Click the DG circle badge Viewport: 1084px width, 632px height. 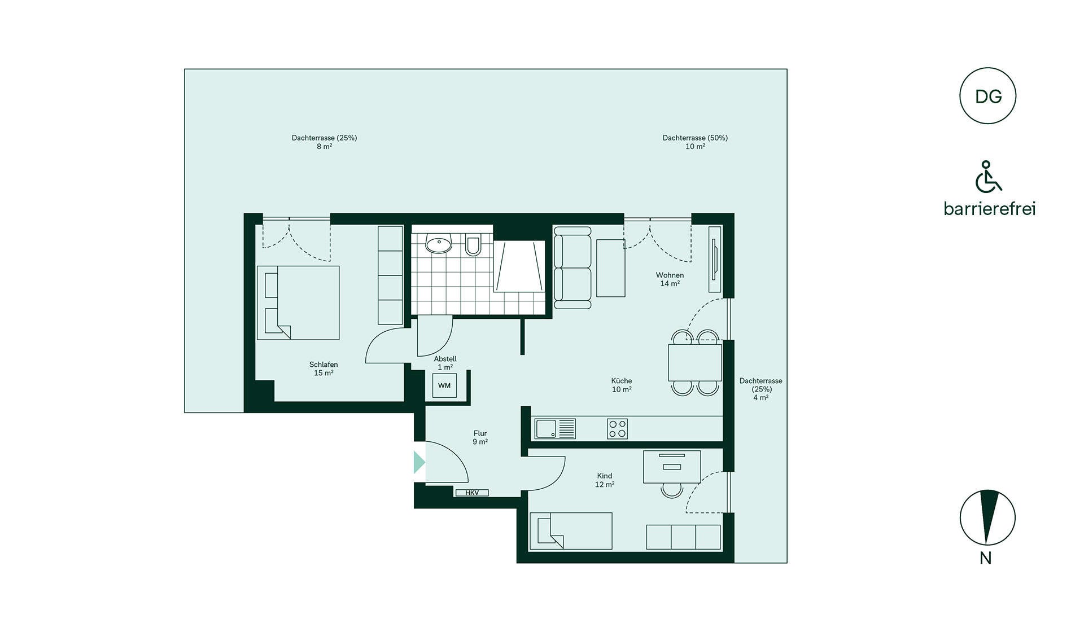pos(987,96)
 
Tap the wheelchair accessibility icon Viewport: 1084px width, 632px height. pos(988,177)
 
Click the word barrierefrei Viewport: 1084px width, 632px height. pos(990,209)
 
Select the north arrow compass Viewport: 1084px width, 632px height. pos(987,517)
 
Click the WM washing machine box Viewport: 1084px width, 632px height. pos(444,385)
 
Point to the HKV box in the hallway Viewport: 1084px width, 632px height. pos(472,493)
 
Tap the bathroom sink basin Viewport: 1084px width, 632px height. pos(439,244)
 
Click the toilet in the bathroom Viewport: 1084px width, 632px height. pos(473,245)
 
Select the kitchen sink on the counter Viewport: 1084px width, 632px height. pos(555,428)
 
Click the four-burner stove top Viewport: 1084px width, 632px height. pos(617,429)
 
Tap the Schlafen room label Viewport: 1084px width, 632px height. pos(324,368)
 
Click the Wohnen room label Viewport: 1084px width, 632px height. pos(670,279)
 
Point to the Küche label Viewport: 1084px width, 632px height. pos(622,385)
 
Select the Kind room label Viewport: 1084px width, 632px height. pos(605,480)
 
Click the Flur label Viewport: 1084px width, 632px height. pos(480,437)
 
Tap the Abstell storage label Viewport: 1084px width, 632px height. pos(445,363)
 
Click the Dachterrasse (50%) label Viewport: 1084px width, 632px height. pos(695,142)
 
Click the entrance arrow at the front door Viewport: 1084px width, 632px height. pos(419,462)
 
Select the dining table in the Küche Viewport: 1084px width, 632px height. pos(695,362)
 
